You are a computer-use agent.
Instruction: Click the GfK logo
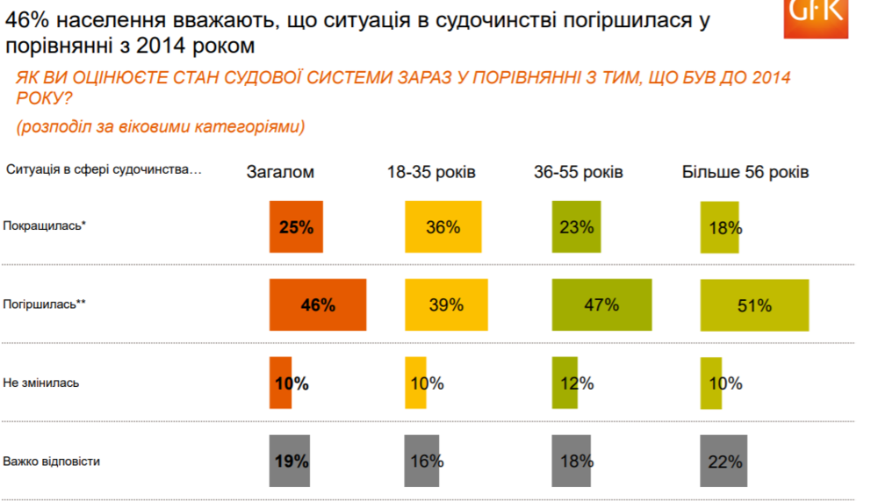click(816, 18)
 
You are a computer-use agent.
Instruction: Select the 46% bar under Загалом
click(317, 305)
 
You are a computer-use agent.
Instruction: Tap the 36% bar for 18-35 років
click(443, 227)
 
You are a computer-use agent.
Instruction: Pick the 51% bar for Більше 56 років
click(754, 305)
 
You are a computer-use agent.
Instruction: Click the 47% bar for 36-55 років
click(601, 304)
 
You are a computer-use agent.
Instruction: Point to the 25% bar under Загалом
click(296, 227)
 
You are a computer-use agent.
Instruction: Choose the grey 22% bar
click(723, 461)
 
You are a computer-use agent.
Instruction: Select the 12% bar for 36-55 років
click(565, 383)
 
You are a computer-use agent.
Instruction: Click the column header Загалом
click(280, 172)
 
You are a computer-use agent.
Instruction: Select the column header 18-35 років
click(431, 172)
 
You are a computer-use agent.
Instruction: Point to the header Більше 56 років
click(745, 172)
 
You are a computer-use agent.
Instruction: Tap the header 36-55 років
click(579, 172)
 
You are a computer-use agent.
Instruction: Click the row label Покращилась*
click(45, 225)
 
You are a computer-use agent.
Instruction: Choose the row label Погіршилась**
click(45, 304)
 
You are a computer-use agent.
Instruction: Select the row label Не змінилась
click(41, 383)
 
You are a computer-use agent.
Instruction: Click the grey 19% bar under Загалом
click(291, 461)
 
